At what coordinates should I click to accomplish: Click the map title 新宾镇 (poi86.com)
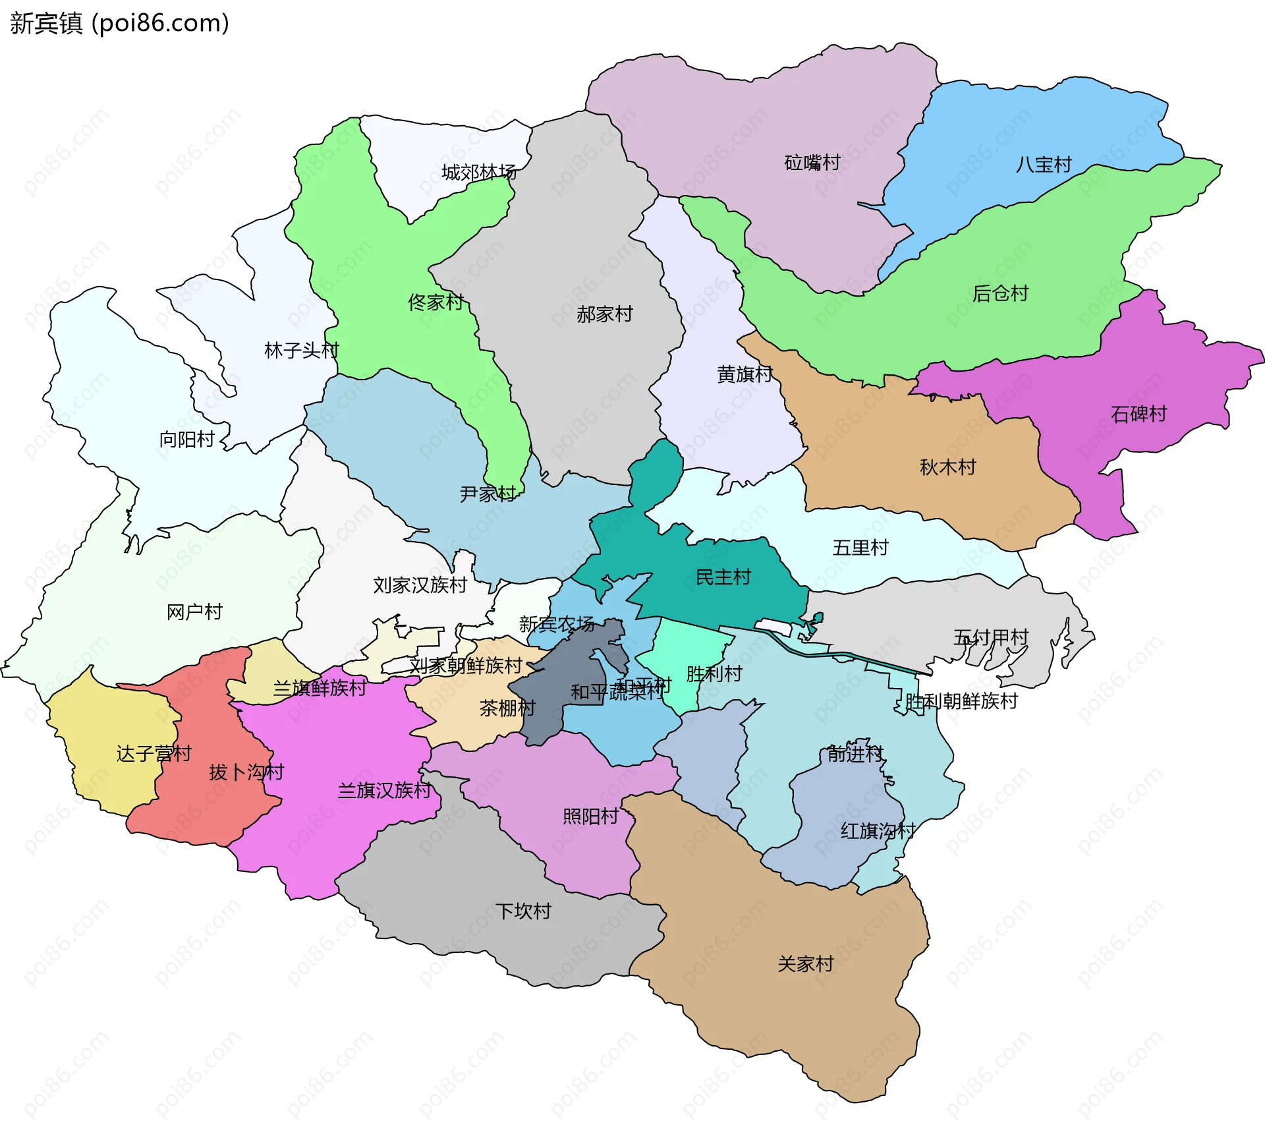(119, 23)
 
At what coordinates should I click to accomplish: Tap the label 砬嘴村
(812, 163)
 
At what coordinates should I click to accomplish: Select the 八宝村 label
(1044, 165)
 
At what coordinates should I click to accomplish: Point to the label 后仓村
(1000, 293)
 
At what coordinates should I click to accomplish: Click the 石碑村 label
(1138, 414)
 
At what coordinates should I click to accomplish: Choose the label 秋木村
(947, 467)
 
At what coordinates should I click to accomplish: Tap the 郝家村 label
(604, 314)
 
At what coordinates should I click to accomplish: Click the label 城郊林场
(479, 173)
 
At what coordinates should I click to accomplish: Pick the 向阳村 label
(187, 439)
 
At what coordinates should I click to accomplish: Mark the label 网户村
(194, 612)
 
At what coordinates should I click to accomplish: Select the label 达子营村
(154, 753)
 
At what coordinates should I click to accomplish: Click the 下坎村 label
(523, 911)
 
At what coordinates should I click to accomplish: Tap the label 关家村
(805, 964)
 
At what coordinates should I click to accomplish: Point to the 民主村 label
(723, 577)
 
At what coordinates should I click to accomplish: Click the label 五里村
(860, 548)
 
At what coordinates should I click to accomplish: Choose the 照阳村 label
(590, 817)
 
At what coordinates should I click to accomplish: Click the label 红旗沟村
(878, 831)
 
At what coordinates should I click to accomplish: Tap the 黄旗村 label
(745, 374)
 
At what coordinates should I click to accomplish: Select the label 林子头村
(301, 351)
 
